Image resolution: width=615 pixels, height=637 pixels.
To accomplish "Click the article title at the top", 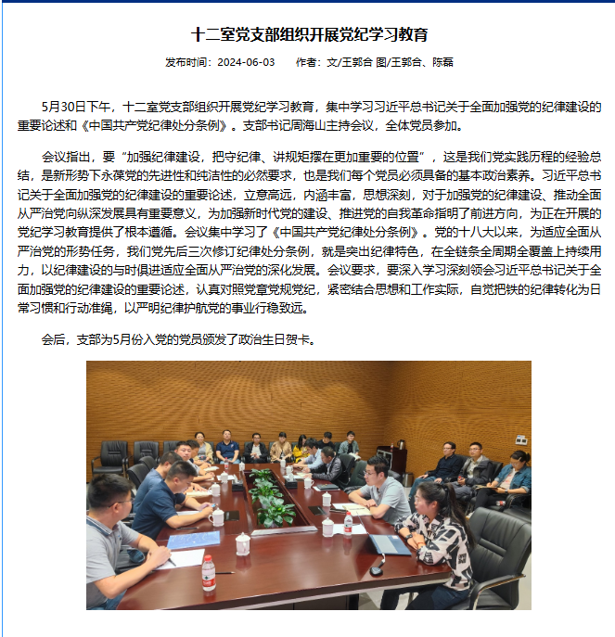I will click(309, 35).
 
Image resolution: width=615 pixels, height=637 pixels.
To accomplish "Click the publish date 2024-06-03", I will click(246, 63).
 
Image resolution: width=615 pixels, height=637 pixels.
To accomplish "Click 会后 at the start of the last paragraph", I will click(54, 339).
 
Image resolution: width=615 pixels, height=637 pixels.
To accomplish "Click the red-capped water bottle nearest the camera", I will click(209, 572).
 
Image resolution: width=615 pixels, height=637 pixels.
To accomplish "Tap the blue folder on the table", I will click(195, 540).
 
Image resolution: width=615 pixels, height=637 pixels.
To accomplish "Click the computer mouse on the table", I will click(376, 570).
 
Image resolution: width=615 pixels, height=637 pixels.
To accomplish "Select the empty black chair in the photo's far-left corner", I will click(112, 454).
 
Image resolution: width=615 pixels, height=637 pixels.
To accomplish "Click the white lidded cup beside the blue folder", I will click(242, 543).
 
